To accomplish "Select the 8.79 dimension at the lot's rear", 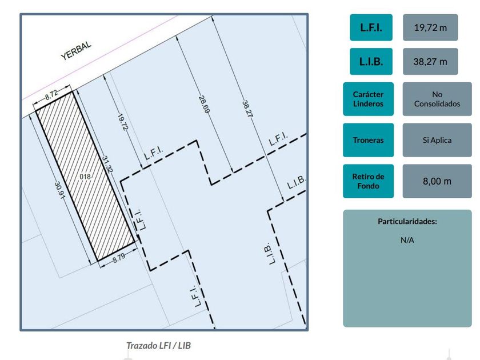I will pyautogui.click(x=118, y=258).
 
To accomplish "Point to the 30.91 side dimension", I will pyautogui.click(x=58, y=192).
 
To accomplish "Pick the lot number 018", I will pyautogui.click(x=86, y=177).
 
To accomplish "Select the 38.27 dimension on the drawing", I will pyautogui.click(x=246, y=109).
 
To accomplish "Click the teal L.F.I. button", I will pyautogui.click(x=371, y=27).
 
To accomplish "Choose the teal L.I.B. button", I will pyautogui.click(x=371, y=62).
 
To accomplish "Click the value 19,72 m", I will pyautogui.click(x=430, y=27).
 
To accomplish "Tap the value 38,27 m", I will pyautogui.click(x=430, y=62).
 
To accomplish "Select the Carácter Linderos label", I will pyautogui.click(x=368, y=99).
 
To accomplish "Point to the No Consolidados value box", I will pyautogui.click(x=437, y=99).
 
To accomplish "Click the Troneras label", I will pyautogui.click(x=368, y=140).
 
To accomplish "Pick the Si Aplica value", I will pyautogui.click(x=437, y=140).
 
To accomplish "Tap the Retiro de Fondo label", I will pyautogui.click(x=368, y=181).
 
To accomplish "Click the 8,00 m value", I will pyautogui.click(x=437, y=181).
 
